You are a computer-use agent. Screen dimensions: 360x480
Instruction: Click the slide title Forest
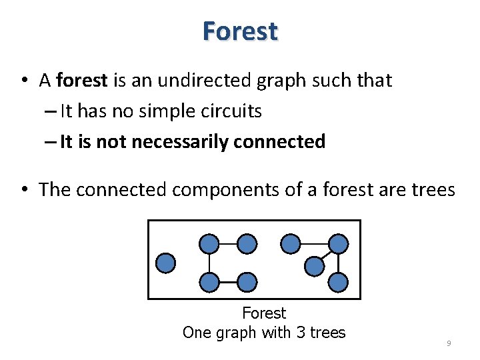click(x=240, y=31)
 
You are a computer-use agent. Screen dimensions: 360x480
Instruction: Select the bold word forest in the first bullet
click(x=82, y=81)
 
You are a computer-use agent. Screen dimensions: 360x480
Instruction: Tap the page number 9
click(x=449, y=343)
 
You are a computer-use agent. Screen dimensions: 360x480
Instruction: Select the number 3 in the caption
click(x=300, y=332)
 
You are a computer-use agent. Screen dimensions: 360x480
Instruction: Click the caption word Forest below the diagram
click(x=264, y=313)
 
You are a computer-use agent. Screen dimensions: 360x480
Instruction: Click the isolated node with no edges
click(x=165, y=263)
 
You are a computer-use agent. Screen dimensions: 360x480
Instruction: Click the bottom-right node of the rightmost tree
click(x=339, y=283)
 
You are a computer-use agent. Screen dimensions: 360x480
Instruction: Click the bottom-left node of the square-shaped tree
click(x=209, y=283)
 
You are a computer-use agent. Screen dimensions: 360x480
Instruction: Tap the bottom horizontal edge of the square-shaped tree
click(x=228, y=283)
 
